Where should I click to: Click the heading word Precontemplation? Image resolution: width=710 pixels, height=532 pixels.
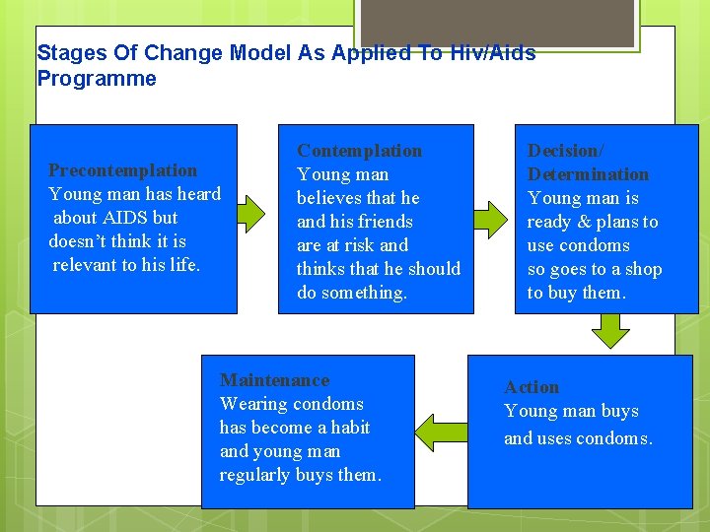pos(122,170)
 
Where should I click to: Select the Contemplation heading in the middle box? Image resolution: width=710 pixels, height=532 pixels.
pos(359,151)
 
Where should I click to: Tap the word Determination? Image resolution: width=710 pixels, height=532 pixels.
pos(588,174)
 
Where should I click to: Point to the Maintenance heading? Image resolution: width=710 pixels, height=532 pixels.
pos(274,380)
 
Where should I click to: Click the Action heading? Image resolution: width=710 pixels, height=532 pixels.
pos(532,387)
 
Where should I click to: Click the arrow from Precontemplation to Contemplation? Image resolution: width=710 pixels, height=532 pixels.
pos(251,211)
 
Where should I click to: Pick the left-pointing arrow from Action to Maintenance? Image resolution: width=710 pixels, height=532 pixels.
pos(440,432)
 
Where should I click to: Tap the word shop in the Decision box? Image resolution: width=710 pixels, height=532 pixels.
pos(643,269)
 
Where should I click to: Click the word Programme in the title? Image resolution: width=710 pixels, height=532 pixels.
pos(97,79)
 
